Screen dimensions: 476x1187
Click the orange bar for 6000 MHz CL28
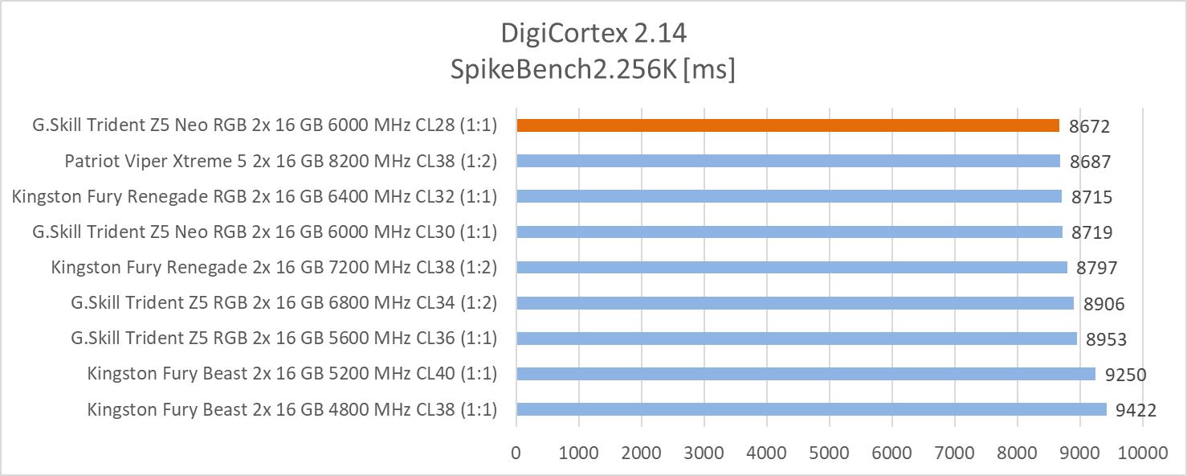click(788, 125)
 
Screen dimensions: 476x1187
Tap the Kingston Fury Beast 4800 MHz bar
click(811, 409)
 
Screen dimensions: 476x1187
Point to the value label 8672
click(1090, 126)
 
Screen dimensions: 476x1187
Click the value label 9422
click(1136, 410)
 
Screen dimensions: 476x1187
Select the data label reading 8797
click(1097, 268)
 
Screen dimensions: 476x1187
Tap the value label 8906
click(1103, 303)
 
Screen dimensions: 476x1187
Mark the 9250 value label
click(1125, 375)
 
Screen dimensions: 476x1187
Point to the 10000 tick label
click(1142, 453)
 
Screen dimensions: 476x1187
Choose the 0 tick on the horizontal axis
click(516, 453)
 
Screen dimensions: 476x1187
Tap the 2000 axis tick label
click(641, 453)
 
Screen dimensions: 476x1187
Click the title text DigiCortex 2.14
click(593, 33)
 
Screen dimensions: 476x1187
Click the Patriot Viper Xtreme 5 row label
click(281, 161)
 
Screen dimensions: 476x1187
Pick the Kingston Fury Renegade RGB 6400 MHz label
click(255, 196)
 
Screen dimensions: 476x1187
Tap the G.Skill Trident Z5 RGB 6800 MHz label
click(284, 303)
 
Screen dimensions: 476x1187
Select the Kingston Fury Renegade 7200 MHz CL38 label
click(274, 268)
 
